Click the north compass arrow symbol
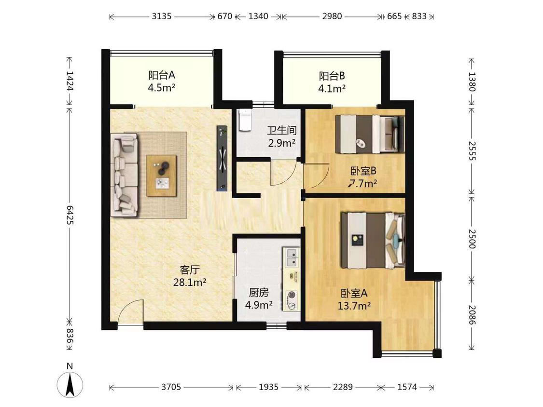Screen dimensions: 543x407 pyautogui.click(x=70, y=384)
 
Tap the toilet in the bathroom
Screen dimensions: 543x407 pyautogui.click(x=245, y=120)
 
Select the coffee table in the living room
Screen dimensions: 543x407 pyautogui.click(x=161, y=176)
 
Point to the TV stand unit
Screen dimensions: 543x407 pyautogui.click(x=222, y=158)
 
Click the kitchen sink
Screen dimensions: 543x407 pyautogui.click(x=291, y=258)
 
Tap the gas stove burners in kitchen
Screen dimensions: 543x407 pyautogui.click(x=292, y=300)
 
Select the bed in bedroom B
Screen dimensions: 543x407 pyautogui.click(x=370, y=134)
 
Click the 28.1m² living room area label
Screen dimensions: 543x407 pyautogui.click(x=190, y=283)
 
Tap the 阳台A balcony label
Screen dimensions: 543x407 pyautogui.click(x=161, y=75)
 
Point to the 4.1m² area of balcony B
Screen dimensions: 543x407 pyautogui.click(x=332, y=89)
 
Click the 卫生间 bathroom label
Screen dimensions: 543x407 pyautogui.click(x=281, y=130)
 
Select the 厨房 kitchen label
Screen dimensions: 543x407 pyautogui.click(x=259, y=293)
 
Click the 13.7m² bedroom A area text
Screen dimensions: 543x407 pyautogui.click(x=354, y=306)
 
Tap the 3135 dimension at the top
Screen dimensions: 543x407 pyautogui.click(x=161, y=16)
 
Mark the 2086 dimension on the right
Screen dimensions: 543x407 pyautogui.click(x=472, y=314)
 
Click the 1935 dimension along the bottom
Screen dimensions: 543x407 pyautogui.click(x=268, y=387)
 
